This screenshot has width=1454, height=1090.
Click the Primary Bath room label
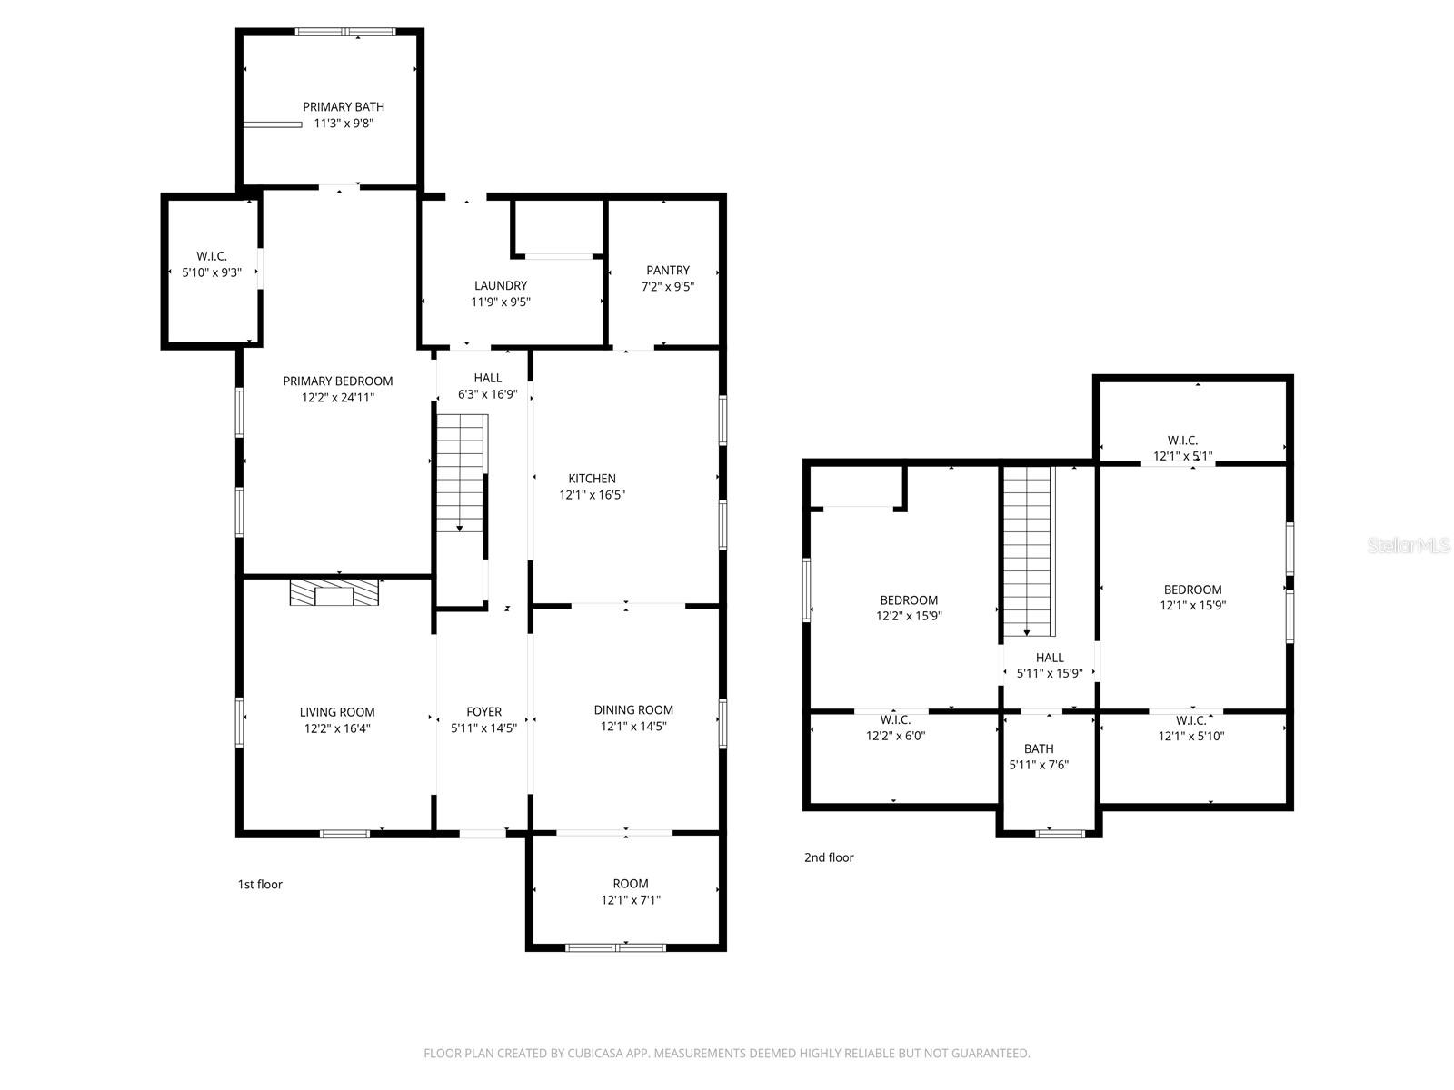[344, 107]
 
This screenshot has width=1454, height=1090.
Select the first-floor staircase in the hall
[462, 472]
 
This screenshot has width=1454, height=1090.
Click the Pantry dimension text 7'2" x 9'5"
[667, 287]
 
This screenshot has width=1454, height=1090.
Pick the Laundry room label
[500, 285]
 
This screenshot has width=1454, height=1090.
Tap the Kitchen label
[592, 479]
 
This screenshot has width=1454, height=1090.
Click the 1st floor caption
[260, 884]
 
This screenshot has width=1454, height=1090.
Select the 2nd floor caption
[829, 857]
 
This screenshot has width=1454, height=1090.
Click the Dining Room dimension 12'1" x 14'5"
[633, 727]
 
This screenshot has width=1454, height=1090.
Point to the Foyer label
[483, 711]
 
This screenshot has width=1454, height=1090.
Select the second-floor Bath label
[1039, 748]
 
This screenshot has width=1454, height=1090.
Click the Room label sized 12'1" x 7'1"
[630, 883]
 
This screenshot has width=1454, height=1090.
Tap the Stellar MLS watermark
[1409, 546]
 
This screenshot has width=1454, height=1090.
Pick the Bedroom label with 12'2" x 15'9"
[909, 599]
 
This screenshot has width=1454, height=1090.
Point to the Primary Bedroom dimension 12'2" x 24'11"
[338, 397]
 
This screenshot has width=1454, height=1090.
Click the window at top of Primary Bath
[345, 33]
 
